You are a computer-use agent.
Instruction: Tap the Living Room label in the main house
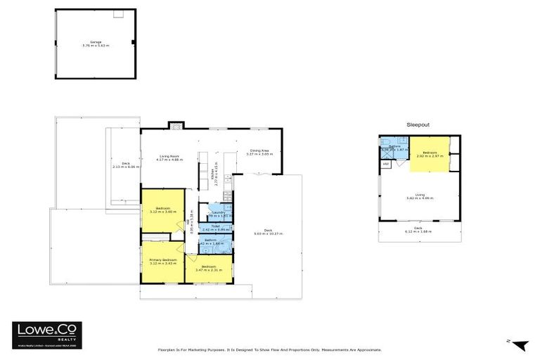pos(171,158)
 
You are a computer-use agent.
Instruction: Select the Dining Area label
pos(259,152)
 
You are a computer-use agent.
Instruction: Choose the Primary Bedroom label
pos(162,262)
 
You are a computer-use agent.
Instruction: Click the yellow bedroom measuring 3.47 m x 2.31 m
pos(208,269)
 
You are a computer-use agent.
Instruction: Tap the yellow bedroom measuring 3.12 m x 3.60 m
pos(164,210)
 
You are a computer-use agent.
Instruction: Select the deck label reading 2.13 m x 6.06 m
pos(127,165)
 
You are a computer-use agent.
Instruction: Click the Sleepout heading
pos(418,124)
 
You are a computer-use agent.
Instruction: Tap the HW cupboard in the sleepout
pos(386,165)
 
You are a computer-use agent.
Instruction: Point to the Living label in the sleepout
pos(419,198)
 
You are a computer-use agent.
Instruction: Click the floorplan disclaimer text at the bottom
pos(269,349)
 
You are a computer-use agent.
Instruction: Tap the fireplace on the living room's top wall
pos(175,126)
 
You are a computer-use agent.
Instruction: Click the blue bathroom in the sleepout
pos(394,148)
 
